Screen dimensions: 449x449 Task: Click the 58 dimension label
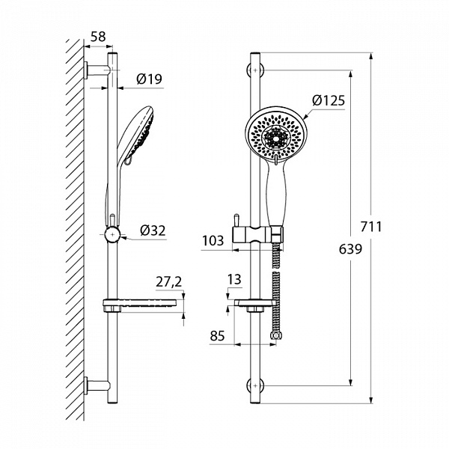tap(98, 37)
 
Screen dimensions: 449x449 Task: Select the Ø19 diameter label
tap(149, 79)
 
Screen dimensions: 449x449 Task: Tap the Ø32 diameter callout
tap(153, 230)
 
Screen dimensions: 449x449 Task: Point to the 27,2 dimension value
tap(169, 282)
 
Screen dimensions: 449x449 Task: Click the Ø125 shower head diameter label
tap(329, 100)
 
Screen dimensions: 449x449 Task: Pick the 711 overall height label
tap(371, 227)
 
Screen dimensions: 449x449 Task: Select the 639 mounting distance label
tap(350, 249)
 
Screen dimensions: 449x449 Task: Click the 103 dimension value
tap(213, 240)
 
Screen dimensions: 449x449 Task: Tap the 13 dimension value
tap(234, 279)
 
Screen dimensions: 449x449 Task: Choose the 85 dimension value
tap(217, 335)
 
